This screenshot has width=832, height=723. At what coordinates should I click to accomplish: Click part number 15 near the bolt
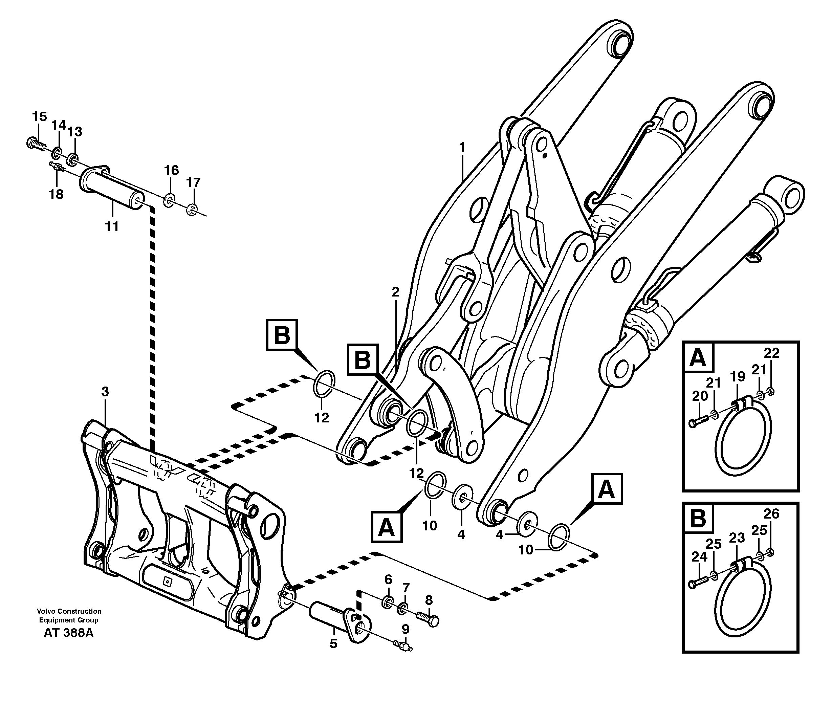coord(40,117)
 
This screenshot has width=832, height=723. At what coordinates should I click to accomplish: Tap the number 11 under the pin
coord(112,227)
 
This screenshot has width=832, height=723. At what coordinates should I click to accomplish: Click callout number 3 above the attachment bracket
coord(105,392)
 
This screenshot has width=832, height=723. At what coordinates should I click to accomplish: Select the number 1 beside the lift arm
coord(462,147)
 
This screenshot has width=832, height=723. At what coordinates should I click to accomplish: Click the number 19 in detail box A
coord(738,377)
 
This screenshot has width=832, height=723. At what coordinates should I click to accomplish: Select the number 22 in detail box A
coord(771,353)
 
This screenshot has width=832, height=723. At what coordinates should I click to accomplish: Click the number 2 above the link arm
coord(395,292)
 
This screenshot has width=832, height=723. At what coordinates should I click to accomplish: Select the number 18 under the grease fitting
coord(56,195)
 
